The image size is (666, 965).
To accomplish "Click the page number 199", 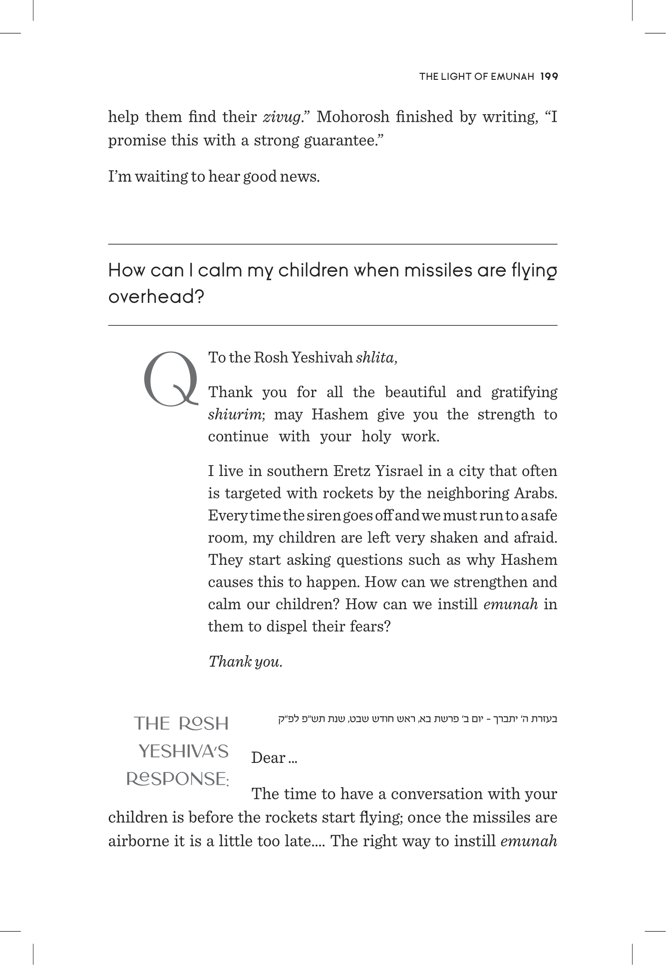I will click(548, 76).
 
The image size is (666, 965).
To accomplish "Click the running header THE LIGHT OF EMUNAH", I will click(476, 76).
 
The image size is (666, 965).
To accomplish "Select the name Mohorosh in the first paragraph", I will click(352, 117).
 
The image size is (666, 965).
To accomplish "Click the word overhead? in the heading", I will click(156, 297).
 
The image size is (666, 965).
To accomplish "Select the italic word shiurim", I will click(236, 414).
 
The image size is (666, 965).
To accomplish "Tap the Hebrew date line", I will click(417, 719).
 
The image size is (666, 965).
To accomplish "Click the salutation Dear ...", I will click(268, 757).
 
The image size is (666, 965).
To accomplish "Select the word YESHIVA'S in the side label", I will click(183, 751).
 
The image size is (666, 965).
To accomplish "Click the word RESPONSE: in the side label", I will click(177, 779).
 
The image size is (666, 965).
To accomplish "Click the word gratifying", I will click(524, 392).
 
